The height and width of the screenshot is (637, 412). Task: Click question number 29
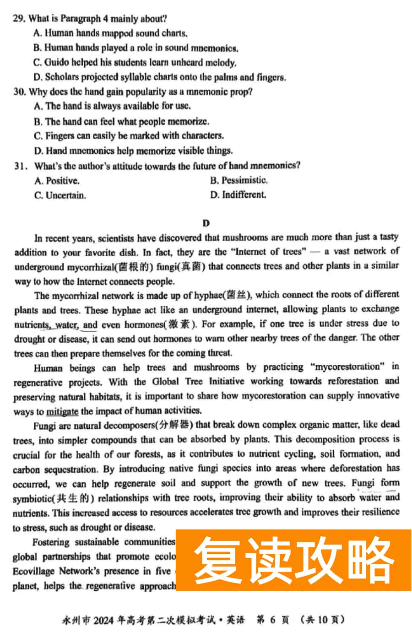tap(18, 19)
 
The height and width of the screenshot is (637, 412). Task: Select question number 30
tap(19, 92)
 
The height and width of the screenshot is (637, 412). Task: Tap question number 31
tap(20, 166)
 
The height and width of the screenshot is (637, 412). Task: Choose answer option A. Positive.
tap(57, 181)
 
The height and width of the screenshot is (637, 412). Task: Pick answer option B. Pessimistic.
tap(239, 180)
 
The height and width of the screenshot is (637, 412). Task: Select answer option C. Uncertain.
tap(60, 195)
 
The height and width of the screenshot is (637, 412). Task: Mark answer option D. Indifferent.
tap(238, 195)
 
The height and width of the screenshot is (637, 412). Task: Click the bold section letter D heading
tap(206, 223)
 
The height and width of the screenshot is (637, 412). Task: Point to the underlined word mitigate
tap(62, 411)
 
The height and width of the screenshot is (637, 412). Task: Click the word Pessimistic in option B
tap(244, 180)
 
